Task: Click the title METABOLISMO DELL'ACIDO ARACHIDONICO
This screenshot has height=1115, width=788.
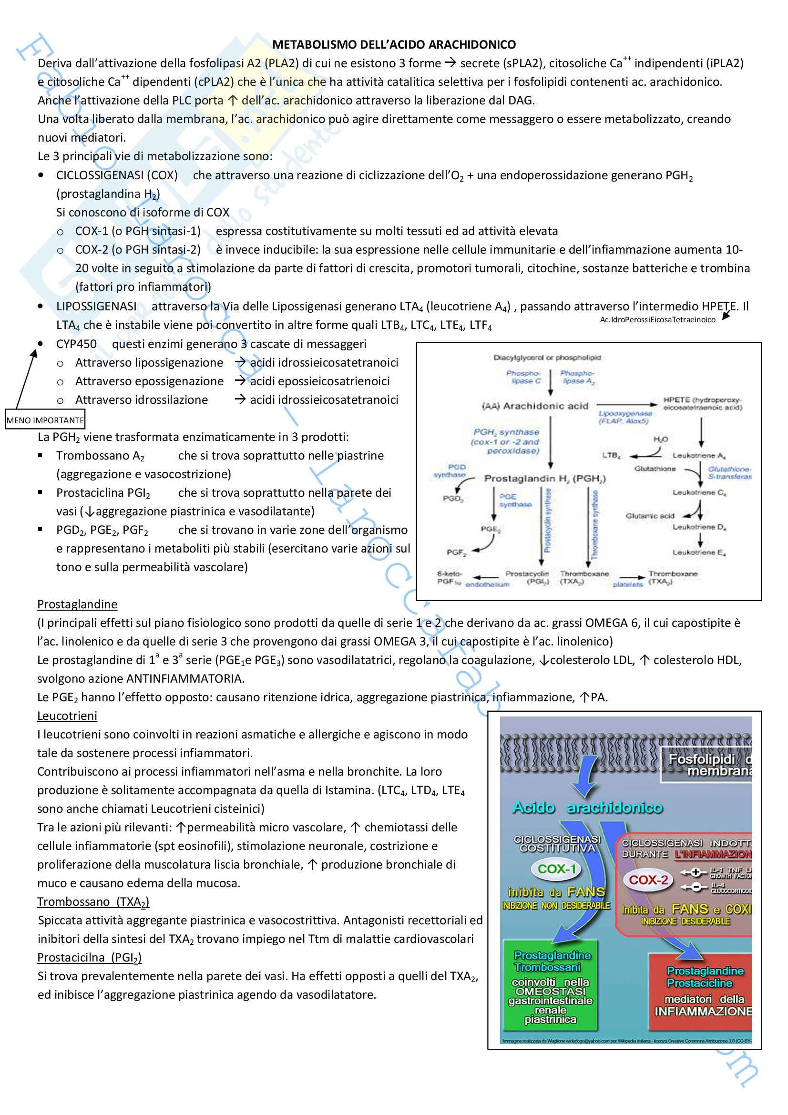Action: pyautogui.click(x=394, y=45)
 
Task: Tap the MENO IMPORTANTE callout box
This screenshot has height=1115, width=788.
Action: pyautogui.click(x=45, y=420)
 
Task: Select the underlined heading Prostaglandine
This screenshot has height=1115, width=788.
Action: pyautogui.click(x=77, y=604)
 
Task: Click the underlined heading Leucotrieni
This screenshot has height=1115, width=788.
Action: pyautogui.click(x=67, y=716)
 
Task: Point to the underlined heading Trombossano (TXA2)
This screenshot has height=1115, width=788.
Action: pyautogui.click(x=93, y=902)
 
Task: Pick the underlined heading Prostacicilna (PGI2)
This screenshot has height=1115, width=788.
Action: pyautogui.click(x=89, y=958)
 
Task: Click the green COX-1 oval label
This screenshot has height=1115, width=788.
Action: pyautogui.click(x=556, y=868)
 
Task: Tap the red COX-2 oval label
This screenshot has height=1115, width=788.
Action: pyautogui.click(x=648, y=880)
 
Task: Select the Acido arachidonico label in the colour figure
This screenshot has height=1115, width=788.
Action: pyautogui.click(x=587, y=807)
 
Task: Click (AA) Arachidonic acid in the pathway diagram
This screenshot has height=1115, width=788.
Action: pyautogui.click(x=535, y=406)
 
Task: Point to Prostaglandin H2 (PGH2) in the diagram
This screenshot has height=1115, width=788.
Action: pyautogui.click(x=545, y=478)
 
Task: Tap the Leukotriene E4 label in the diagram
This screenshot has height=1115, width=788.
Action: pyautogui.click(x=699, y=552)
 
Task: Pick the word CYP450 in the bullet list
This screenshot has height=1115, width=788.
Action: pyautogui.click(x=76, y=344)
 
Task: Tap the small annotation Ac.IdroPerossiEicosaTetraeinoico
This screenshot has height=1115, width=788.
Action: pyautogui.click(x=657, y=319)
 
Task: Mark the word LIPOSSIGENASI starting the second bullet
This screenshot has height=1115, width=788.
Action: pyautogui.click(x=96, y=307)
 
